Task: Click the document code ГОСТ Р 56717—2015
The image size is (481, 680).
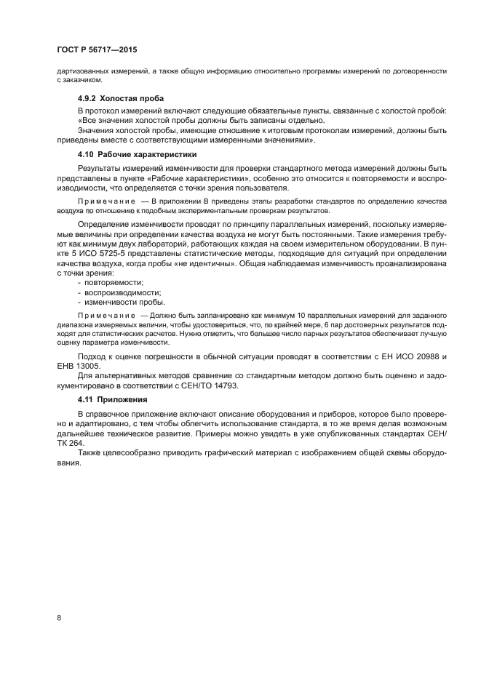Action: click(97, 50)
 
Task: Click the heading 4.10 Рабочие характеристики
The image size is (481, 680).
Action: click(137, 154)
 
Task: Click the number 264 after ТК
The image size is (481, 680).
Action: click(77, 442)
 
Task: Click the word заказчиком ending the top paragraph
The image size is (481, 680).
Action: click(75, 80)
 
